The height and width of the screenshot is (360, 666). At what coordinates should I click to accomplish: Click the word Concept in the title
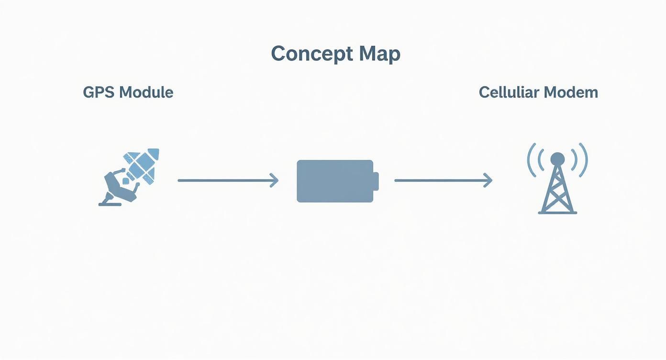pos(311,54)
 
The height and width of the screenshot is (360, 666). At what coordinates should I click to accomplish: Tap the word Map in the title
pos(380,54)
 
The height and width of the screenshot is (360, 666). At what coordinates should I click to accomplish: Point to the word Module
pos(146,92)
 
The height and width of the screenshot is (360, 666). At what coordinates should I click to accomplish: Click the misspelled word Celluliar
pos(509,92)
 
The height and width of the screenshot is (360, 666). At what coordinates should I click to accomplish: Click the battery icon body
pos(335,181)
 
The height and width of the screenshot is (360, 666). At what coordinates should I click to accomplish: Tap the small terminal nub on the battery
pos(376,181)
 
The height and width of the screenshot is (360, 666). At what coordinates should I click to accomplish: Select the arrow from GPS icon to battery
pos(228,180)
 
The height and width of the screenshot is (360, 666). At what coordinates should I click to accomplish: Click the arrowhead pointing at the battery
pos(275,180)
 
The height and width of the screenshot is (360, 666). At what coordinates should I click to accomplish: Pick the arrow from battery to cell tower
pos(444,180)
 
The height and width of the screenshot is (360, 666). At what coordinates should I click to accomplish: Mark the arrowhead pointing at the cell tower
pos(488,180)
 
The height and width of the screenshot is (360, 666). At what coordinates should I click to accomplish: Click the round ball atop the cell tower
pos(557,158)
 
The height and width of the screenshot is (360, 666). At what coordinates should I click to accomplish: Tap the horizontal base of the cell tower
pos(557,213)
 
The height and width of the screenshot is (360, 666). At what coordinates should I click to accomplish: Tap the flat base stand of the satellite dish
pos(110,204)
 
